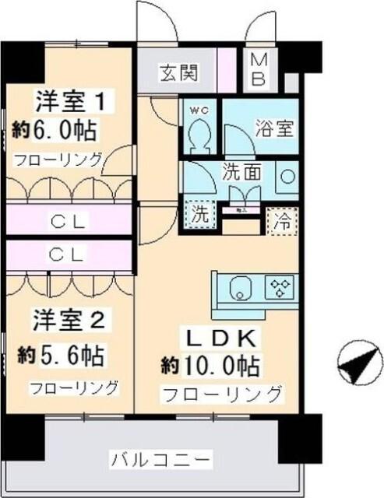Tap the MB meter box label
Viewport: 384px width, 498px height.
coord(259,69)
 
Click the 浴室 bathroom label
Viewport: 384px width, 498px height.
coord(274,128)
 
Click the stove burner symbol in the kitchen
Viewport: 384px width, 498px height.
coord(279,288)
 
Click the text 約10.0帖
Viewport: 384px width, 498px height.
coord(210,365)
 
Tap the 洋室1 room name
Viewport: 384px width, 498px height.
coord(73,101)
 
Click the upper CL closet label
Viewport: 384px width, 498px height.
coord(69,222)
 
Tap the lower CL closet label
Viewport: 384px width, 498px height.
coord(69,254)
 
